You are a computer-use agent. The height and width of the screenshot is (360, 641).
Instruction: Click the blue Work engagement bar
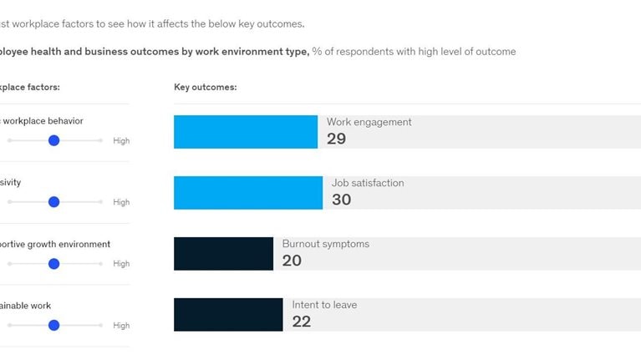245,132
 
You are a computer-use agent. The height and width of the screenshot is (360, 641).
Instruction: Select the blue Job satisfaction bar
247,193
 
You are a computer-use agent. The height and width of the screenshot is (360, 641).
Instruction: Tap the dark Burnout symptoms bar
223,254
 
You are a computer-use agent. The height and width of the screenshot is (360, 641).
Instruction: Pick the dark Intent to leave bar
228,315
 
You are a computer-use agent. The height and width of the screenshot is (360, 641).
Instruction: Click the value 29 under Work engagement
336,139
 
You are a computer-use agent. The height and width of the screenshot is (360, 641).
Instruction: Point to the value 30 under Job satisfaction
341,200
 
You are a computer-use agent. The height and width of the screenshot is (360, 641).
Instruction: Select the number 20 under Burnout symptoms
292,261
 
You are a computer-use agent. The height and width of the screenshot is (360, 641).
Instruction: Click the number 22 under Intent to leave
302,322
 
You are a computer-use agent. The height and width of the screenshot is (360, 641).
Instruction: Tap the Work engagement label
369,122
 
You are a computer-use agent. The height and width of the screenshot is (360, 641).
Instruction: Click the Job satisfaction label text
368,183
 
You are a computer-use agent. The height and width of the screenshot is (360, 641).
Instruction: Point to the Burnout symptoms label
325,244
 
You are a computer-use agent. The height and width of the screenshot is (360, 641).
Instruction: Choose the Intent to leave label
324,305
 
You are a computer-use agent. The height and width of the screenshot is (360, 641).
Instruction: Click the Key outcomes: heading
205,87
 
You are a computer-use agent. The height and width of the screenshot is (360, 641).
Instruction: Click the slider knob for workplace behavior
53,141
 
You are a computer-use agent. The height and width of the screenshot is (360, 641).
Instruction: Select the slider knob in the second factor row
53,202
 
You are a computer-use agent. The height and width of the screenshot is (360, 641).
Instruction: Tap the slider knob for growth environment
53,264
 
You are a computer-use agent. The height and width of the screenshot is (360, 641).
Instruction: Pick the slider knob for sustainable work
53,325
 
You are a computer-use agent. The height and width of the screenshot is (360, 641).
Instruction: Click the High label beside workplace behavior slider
121,141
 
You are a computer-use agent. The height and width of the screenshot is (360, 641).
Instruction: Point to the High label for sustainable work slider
121,325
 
